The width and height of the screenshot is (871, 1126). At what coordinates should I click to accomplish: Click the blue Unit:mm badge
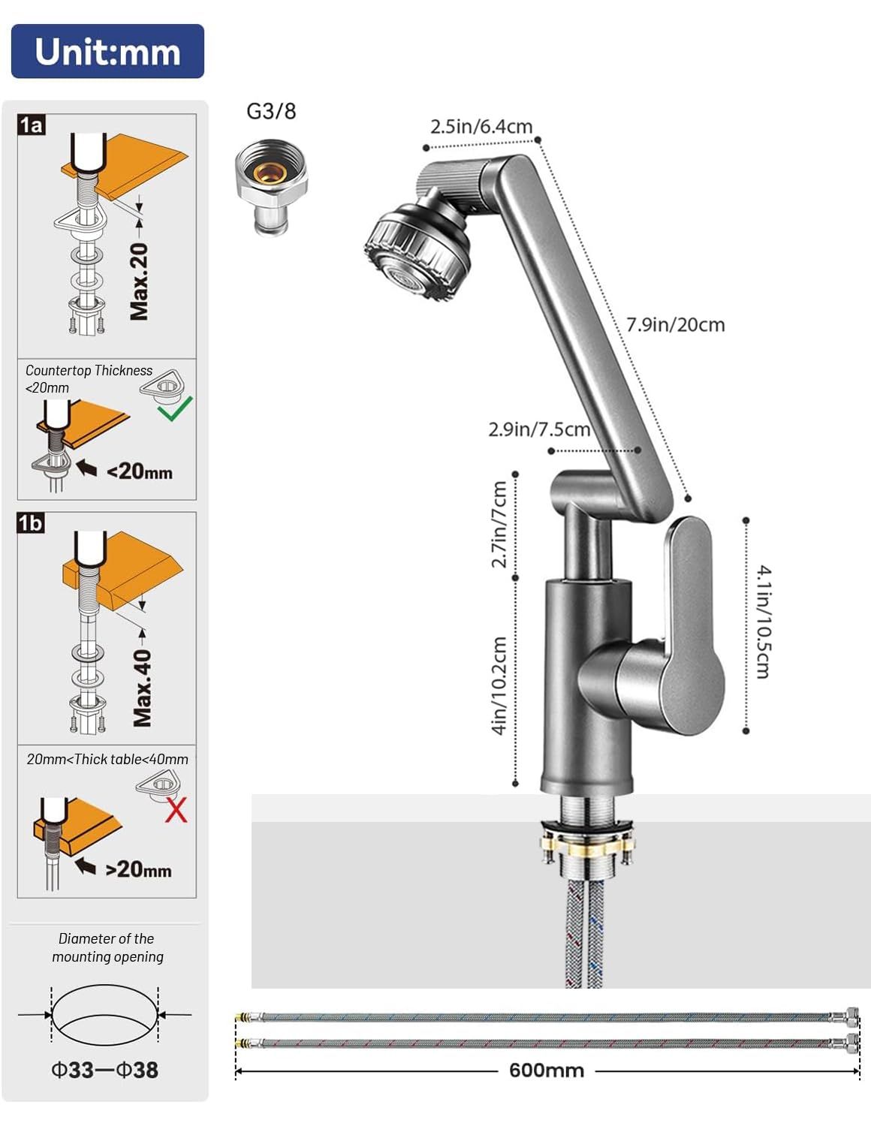[107, 51]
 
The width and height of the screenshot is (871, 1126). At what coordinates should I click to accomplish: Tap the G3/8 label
[271, 111]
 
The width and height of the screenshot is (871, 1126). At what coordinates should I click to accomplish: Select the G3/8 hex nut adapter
[271, 187]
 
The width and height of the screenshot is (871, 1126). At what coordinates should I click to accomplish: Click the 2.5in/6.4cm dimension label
[481, 126]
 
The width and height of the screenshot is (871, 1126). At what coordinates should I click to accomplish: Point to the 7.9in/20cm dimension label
[675, 325]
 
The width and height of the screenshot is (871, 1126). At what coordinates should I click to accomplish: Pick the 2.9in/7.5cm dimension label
[538, 429]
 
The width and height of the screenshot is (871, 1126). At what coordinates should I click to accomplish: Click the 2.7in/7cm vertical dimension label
[499, 524]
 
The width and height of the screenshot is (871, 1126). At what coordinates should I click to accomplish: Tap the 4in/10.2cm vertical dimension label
[499, 685]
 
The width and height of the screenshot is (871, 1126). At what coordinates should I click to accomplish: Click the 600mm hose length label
[546, 1070]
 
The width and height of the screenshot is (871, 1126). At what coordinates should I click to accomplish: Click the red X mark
[176, 811]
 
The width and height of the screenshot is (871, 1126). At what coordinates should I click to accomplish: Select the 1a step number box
[32, 125]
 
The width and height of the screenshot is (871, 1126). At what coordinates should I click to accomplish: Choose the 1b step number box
[31, 522]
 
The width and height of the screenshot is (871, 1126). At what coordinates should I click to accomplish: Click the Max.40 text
[142, 688]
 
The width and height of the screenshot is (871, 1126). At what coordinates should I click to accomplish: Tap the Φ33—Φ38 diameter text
[104, 1069]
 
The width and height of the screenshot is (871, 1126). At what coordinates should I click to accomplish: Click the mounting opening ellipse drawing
[105, 1015]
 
